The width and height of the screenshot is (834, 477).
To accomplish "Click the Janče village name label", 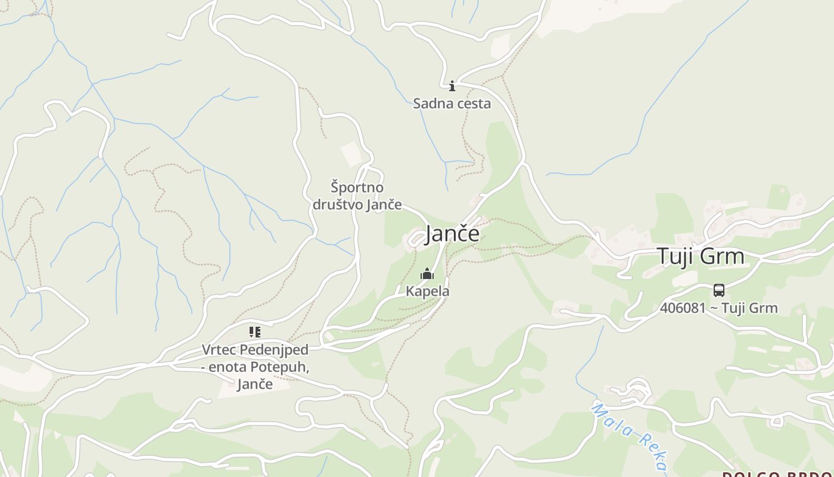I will [x=452, y=234].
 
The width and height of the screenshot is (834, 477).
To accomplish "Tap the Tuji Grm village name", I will [x=701, y=256].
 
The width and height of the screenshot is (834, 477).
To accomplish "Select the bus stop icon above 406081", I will [x=719, y=290].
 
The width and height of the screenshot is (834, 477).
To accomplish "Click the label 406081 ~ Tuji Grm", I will [x=718, y=308].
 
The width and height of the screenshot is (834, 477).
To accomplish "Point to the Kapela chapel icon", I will [x=427, y=274].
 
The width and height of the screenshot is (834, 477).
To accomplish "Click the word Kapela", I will [x=428, y=291].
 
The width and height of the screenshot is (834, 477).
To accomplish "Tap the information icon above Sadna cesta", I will [x=452, y=86].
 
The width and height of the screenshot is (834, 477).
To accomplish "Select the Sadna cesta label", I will [x=452, y=103].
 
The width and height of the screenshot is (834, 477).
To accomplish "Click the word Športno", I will [x=357, y=187].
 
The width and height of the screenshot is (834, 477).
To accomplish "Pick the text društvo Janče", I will [x=357, y=204].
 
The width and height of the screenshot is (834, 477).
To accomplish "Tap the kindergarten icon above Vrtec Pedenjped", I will [x=255, y=332].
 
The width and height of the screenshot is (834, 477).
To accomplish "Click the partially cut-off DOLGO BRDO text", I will [x=777, y=474].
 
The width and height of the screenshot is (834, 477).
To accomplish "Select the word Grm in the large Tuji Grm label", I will [x=722, y=256].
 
